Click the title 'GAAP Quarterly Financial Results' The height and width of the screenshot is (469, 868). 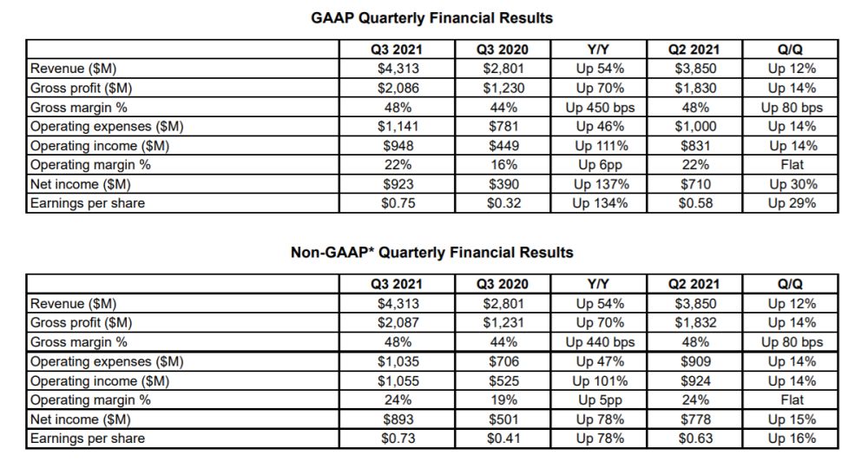pyautogui.click(x=431, y=17)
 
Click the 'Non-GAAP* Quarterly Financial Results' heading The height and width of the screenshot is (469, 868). pyautogui.click(x=431, y=253)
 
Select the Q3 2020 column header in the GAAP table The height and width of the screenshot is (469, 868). pyautogui.click(x=503, y=50)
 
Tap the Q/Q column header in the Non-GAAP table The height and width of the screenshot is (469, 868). pyautogui.click(x=792, y=284)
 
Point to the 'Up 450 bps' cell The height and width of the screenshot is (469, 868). pyautogui.click(x=600, y=108)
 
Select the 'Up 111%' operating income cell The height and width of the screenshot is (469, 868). pyautogui.click(x=600, y=146)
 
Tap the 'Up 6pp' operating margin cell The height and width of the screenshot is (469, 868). pyautogui.click(x=600, y=165)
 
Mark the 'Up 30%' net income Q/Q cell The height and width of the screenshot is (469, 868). pyautogui.click(x=792, y=184)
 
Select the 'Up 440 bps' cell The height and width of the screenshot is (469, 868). pyautogui.click(x=600, y=342)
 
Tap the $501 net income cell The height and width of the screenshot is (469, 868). pyautogui.click(x=503, y=419)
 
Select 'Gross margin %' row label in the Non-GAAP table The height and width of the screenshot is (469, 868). pyautogui.click(x=77, y=342)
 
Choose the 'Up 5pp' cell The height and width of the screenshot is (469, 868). pyautogui.click(x=600, y=400)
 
